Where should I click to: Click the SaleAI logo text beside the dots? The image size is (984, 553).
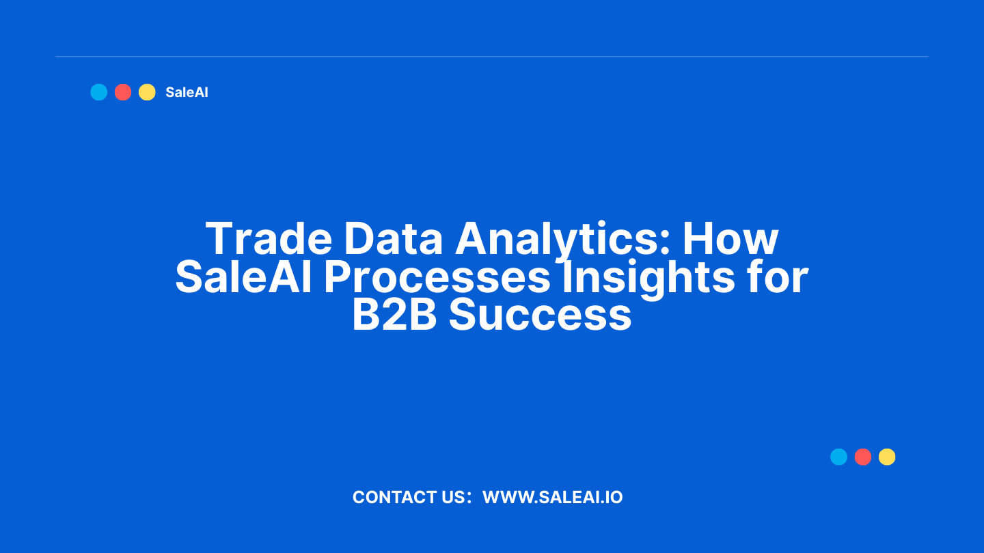point(187,92)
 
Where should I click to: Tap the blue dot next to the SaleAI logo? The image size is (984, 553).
point(99,92)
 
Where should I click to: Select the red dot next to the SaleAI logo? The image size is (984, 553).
point(123,92)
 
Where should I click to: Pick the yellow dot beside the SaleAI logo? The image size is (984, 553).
point(147,92)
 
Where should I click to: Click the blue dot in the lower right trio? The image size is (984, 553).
point(838,457)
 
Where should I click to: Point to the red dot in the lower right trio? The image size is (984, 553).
point(863,457)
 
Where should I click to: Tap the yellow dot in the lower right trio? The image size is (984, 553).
point(887,457)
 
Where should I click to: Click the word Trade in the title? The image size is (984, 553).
point(269,238)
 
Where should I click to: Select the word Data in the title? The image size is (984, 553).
point(393,238)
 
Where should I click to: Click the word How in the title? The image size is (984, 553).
point(730,239)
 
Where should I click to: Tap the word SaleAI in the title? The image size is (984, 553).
point(243,276)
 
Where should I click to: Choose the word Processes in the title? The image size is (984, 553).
point(437,277)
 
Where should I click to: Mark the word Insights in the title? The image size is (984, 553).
point(648,280)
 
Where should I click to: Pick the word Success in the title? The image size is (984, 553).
point(541,315)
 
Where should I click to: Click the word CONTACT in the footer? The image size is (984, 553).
point(396,497)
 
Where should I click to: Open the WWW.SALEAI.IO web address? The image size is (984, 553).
point(553,497)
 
